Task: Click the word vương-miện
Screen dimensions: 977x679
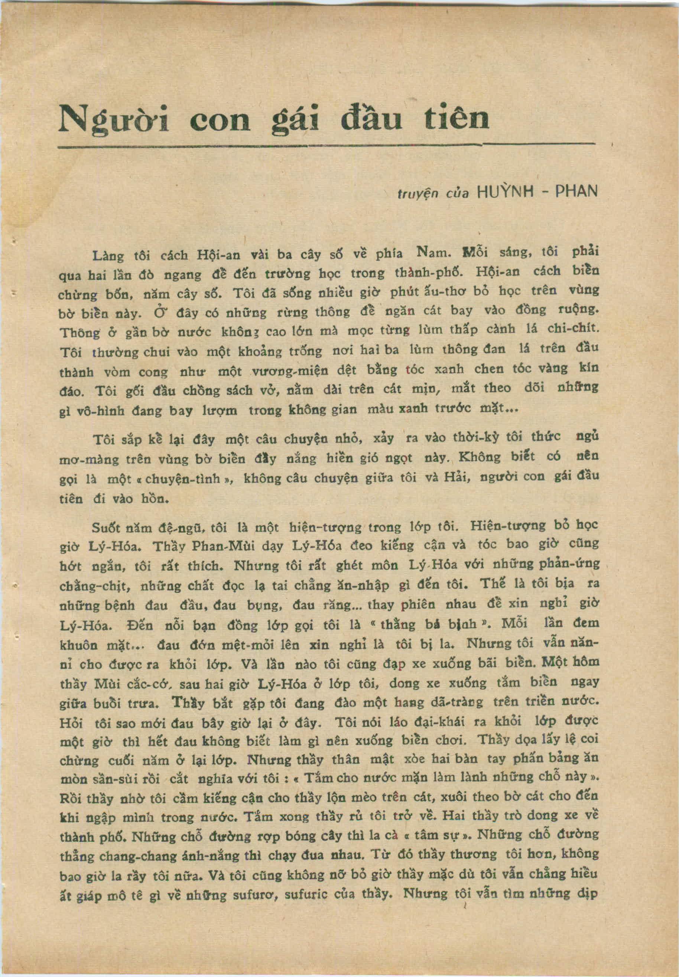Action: point(290,371)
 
